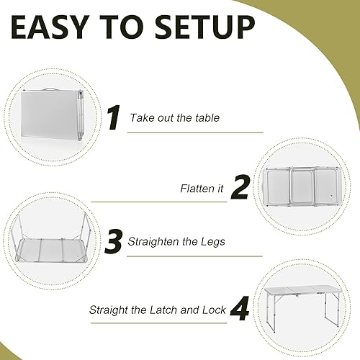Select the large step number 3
pos(113,241)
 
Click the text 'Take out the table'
pos(174,117)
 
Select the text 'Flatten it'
pos(202,189)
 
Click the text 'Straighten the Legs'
pos(176,242)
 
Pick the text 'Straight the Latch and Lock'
pos(158,311)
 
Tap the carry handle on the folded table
pos(48,91)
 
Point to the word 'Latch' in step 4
pos(166,311)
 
